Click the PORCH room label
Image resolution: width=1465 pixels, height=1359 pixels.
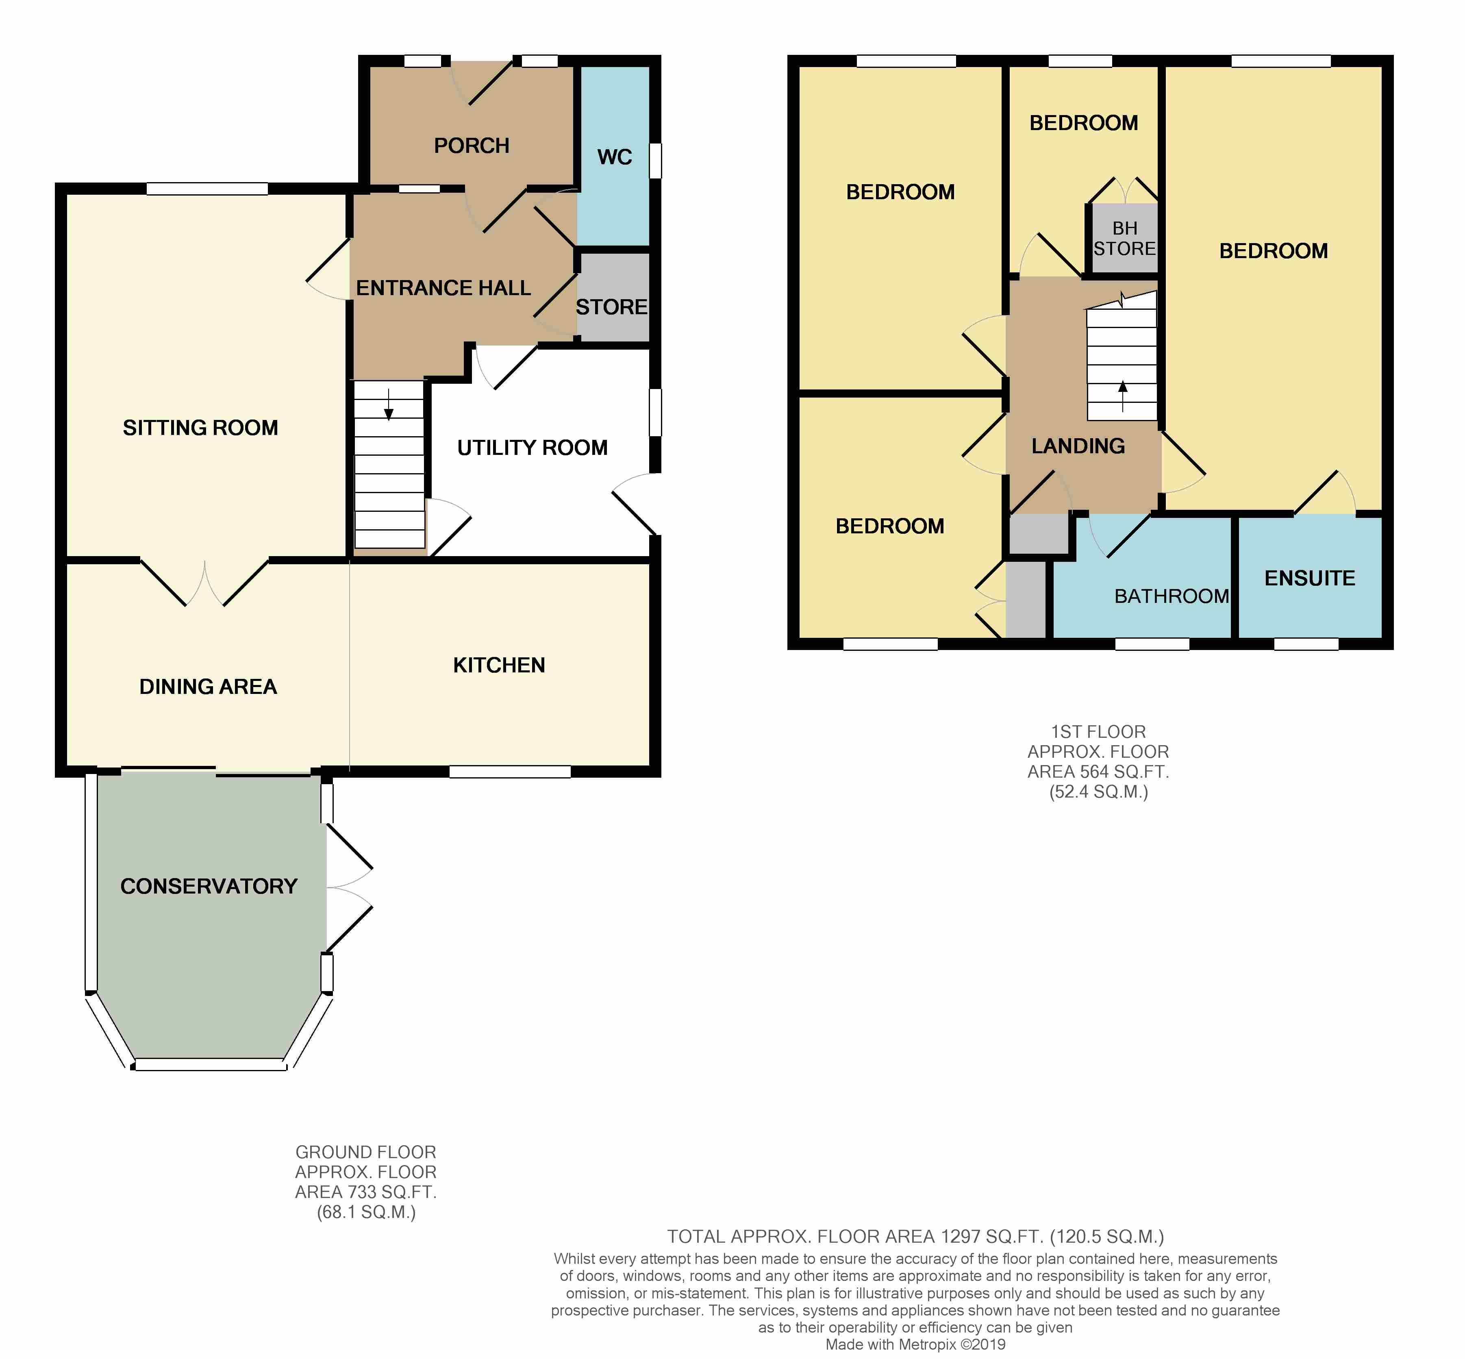click(x=472, y=146)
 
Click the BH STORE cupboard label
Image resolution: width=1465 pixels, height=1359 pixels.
click(x=1124, y=239)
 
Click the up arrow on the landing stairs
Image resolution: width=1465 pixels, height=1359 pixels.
click(x=1122, y=397)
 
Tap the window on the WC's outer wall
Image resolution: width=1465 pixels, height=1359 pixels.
click(x=655, y=160)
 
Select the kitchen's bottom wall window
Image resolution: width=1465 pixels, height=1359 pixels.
click(x=510, y=772)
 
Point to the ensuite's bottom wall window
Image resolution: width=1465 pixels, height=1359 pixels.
click(x=1306, y=644)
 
